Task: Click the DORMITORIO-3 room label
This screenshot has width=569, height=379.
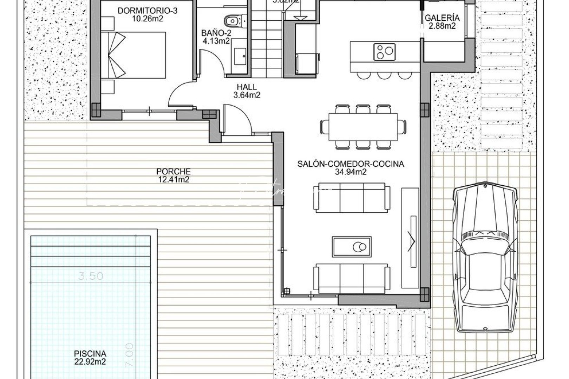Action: tap(147, 11)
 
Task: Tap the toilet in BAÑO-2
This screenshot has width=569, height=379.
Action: tap(232, 21)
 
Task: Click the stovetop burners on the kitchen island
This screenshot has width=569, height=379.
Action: tap(385, 51)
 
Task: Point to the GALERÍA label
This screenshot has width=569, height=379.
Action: tap(442, 18)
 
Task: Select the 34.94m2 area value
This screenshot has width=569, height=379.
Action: tap(351, 172)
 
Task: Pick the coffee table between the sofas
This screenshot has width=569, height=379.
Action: tap(352, 246)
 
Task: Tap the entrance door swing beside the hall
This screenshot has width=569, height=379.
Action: tap(237, 119)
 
